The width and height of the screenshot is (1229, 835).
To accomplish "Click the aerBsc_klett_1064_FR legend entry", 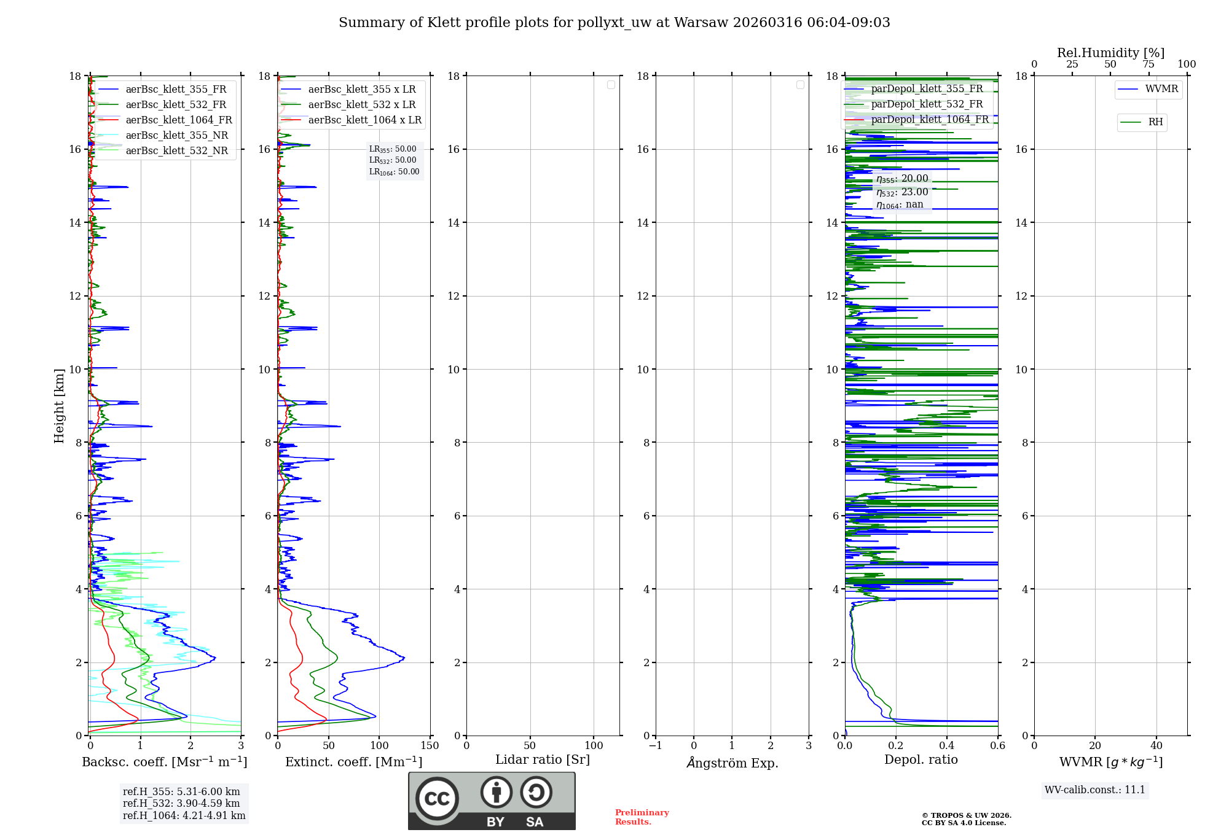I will coord(178,120).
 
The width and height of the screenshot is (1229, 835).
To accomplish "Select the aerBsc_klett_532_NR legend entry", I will coord(176,151).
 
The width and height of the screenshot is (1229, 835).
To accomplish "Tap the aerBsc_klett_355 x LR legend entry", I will coord(361,90).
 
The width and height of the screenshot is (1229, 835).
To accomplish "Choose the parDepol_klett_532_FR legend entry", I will coord(927,104).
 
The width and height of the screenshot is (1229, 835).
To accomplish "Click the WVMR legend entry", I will coord(1161,89).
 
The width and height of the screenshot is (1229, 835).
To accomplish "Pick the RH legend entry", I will coord(1155,122).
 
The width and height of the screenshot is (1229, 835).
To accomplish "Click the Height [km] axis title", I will coord(59,405).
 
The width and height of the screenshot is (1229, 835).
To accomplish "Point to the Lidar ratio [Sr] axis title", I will coord(542,760).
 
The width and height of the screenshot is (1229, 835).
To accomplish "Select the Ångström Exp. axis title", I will coord(732,763).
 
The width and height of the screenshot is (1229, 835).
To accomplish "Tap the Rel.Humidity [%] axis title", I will coord(1110,53).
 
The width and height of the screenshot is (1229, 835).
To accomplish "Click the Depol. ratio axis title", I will coord(921,760).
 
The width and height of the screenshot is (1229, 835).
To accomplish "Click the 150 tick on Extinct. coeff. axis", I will coord(430,746).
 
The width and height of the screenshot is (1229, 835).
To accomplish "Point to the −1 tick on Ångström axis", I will coord(655,746).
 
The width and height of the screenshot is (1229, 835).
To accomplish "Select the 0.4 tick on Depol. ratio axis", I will coord(946,746).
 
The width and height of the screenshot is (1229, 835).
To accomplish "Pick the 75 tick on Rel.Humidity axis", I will coord(1148,64).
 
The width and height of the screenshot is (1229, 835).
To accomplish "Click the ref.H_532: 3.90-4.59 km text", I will coord(181,804).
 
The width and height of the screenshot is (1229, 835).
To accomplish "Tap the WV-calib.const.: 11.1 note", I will coord(1094,790).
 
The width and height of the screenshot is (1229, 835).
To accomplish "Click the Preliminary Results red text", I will coord(642,817).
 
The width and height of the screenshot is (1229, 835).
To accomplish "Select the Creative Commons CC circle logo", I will coord(437,799).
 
